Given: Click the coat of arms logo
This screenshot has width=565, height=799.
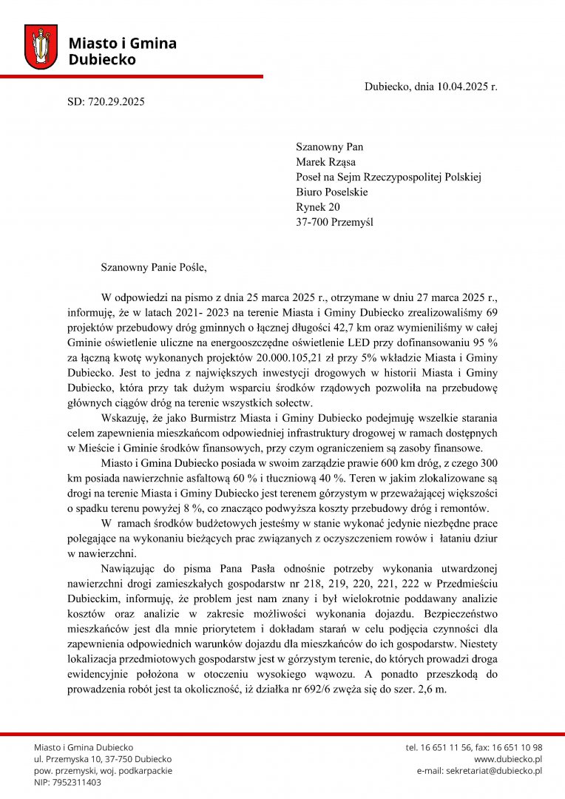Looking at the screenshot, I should [x=41, y=47].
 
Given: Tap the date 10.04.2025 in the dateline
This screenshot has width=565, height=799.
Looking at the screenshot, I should [x=463, y=87].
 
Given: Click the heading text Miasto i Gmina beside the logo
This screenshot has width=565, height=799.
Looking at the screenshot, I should [x=122, y=44].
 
